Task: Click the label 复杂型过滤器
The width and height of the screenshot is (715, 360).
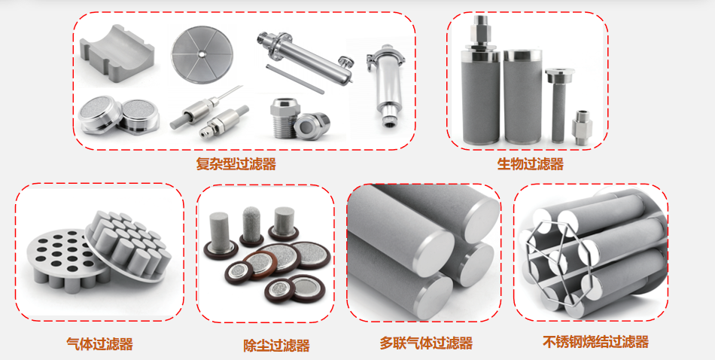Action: pos(236,163)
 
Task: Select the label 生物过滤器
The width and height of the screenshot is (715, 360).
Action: pos(530,163)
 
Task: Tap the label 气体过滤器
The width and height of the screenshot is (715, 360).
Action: pos(99,343)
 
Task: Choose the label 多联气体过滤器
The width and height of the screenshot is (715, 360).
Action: pos(426,343)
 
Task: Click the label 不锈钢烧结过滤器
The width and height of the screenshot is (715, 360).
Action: pos(595,341)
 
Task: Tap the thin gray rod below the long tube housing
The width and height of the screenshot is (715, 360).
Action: pos(295,79)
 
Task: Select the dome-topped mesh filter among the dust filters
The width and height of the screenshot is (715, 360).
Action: pos(251,227)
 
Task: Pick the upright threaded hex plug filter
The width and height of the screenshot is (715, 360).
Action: pos(284,117)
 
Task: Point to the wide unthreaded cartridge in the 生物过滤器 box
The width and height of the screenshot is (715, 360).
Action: pos(522,96)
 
